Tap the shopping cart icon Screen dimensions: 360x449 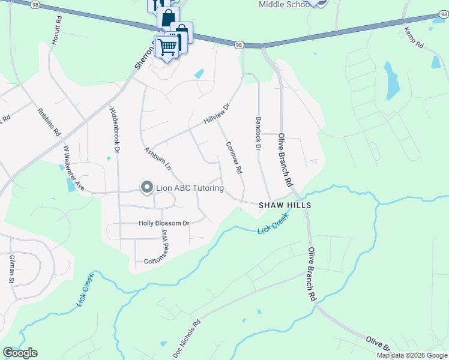click(168, 46)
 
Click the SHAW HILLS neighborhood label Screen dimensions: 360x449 click(285, 205)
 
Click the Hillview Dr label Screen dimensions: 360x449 click(217, 113)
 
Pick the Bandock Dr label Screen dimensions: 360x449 click(259, 133)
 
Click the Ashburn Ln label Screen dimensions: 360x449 click(157, 157)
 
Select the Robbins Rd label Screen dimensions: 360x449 click(49, 121)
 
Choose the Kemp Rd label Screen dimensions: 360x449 click(414, 37)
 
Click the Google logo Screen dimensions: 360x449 click(20, 353)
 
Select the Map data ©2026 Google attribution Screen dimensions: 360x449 click(412, 355)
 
